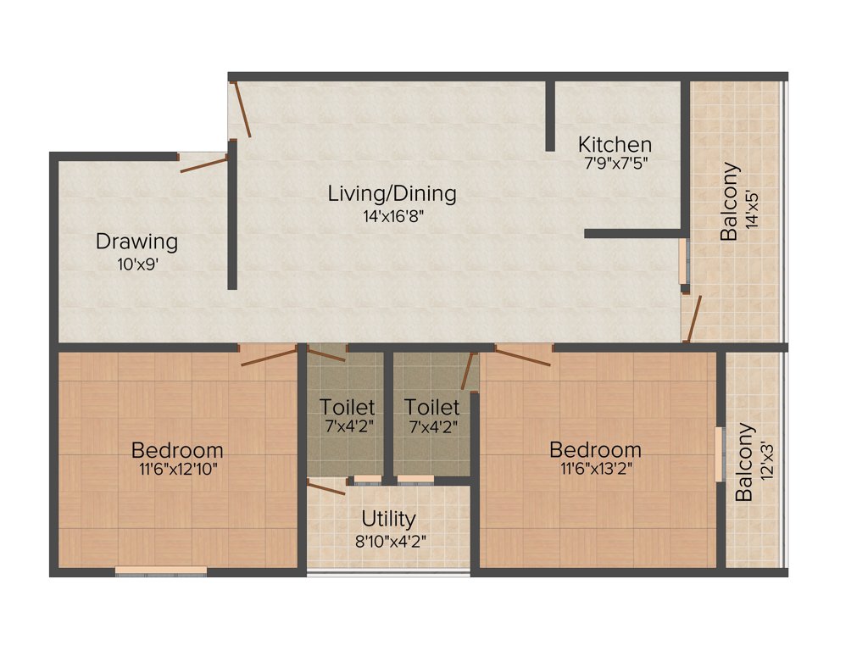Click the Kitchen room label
click(x=615, y=144)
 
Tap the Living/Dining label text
click(x=392, y=193)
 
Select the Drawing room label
click(x=136, y=242)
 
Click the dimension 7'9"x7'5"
click(x=615, y=164)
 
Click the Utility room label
click(x=388, y=518)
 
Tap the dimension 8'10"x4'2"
click(x=388, y=537)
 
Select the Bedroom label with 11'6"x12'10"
click(x=177, y=449)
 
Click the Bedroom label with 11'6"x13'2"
click(x=595, y=449)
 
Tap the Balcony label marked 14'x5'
click(x=729, y=202)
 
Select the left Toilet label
click(x=347, y=407)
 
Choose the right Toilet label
click(x=431, y=407)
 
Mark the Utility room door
click(x=325, y=487)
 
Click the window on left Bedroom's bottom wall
click(x=161, y=571)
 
